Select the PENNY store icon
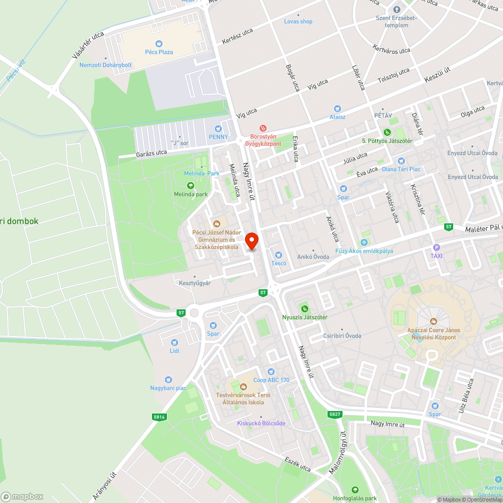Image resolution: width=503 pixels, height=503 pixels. [x=218, y=128]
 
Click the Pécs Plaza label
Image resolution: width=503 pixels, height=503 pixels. [x=159, y=52]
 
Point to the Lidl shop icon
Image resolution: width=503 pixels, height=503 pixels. [x=175, y=342]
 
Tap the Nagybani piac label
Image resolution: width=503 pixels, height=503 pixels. [x=168, y=388]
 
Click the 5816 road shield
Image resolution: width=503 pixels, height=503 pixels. [x=159, y=417]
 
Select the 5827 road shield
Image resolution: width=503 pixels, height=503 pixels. [x=334, y=414]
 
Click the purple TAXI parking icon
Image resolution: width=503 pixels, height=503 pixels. [x=436, y=247]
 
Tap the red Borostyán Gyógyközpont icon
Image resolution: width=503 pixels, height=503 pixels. [x=262, y=128]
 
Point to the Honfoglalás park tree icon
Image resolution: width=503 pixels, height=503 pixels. [x=355, y=489]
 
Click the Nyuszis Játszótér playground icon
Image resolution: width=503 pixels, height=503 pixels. [x=304, y=308]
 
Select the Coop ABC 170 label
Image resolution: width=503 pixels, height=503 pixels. [x=271, y=380]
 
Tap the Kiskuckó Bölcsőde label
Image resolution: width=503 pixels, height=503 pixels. [x=261, y=423]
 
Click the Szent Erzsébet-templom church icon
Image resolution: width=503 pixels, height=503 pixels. [x=396, y=10]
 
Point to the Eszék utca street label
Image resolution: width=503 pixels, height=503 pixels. [x=298, y=464]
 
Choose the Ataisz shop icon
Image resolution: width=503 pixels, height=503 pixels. [x=337, y=108]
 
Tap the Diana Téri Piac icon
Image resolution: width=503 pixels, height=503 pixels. [x=401, y=160]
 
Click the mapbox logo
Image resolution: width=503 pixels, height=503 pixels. [x=22, y=496]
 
